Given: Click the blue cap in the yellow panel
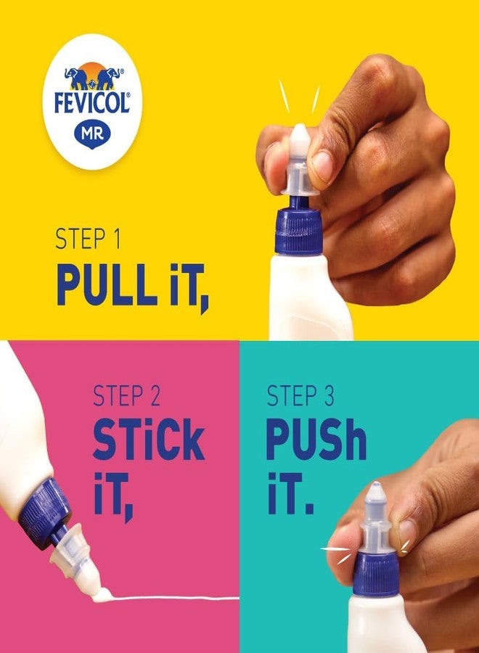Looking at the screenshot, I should (x=298, y=231).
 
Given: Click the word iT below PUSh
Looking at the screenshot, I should (x=290, y=495).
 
